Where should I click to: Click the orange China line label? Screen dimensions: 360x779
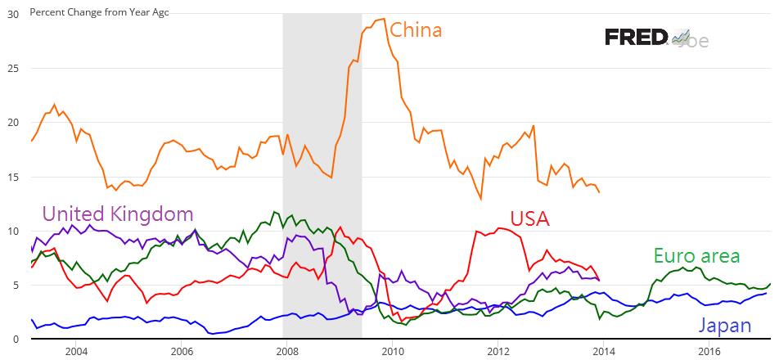(x=416, y=31)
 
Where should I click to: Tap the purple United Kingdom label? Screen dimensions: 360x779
(x=117, y=214)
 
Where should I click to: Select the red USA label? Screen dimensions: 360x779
(x=529, y=219)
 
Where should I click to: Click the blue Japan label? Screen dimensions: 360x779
(x=724, y=326)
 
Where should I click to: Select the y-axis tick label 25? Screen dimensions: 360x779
(x=13, y=69)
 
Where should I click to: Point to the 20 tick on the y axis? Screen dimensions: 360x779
(x=13, y=123)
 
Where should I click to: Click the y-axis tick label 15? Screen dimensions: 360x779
(x=13, y=177)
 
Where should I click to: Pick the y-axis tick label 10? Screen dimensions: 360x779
(x=13, y=231)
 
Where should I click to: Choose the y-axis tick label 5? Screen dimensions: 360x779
(x=16, y=285)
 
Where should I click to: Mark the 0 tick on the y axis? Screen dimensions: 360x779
(x=16, y=339)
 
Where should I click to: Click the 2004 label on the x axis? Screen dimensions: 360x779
(x=76, y=352)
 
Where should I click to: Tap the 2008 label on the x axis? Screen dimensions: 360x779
(x=287, y=352)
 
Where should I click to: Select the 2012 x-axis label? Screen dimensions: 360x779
(x=498, y=352)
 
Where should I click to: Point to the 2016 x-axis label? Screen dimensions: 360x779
(x=709, y=352)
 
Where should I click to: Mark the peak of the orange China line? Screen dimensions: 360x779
(x=383, y=19)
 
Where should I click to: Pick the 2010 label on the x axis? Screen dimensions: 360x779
(x=393, y=352)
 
